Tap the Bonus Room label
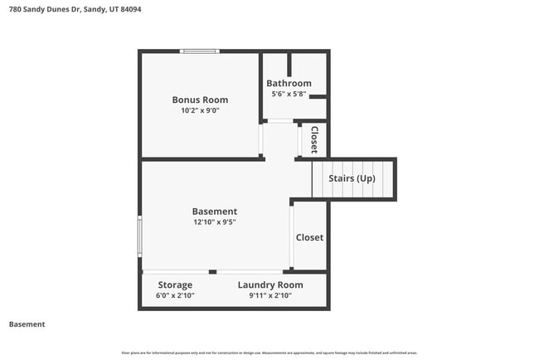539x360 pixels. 200,100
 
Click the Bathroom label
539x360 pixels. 289,83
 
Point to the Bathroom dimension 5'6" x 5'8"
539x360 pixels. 289,95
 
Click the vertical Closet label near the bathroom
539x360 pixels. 314,139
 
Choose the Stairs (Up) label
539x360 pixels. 352,178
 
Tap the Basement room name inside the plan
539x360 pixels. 215,212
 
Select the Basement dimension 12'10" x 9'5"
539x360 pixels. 215,222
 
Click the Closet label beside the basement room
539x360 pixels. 309,237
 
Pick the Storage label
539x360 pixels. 175,285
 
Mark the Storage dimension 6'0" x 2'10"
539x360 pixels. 175,295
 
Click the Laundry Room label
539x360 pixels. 269,285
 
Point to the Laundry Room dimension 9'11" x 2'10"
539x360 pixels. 269,295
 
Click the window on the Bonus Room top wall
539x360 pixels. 201,52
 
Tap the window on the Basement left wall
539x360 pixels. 140,236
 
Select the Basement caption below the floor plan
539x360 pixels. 27,324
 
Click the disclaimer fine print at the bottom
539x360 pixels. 269,353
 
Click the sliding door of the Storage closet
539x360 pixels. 176,271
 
